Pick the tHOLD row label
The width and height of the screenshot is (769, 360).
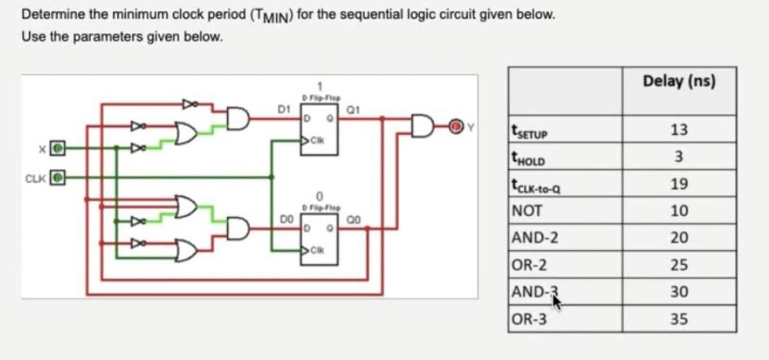pos(531,158)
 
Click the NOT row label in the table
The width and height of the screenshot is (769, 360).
pos(525,211)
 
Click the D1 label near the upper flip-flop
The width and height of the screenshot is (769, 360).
pos(282,109)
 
